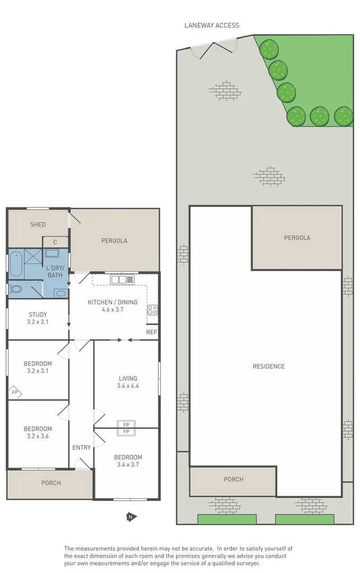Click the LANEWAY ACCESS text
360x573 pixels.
[x=211, y=25]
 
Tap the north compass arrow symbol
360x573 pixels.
[x=130, y=517]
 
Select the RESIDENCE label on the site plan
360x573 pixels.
[x=269, y=366]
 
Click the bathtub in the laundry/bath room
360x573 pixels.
[x=15, y=264]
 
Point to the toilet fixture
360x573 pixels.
[x=14, y=289]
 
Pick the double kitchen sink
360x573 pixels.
[x=122, y=279]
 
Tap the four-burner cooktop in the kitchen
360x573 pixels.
[x=152, y=310]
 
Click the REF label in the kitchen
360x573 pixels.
[x=151, y=332]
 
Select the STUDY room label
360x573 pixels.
[x=38, y=314]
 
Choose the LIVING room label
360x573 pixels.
[x=128, y=378]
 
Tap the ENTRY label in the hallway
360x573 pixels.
[x=81, y=447]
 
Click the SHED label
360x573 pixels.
[x=38, y=224]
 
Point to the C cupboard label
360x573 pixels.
[x=55, y=242]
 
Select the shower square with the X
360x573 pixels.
[x=33, y=256]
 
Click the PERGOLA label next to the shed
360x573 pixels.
[x=114, y=240]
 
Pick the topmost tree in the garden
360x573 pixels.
[x=269, y=49]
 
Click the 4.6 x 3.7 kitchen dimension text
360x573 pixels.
[x=113, y=310]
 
